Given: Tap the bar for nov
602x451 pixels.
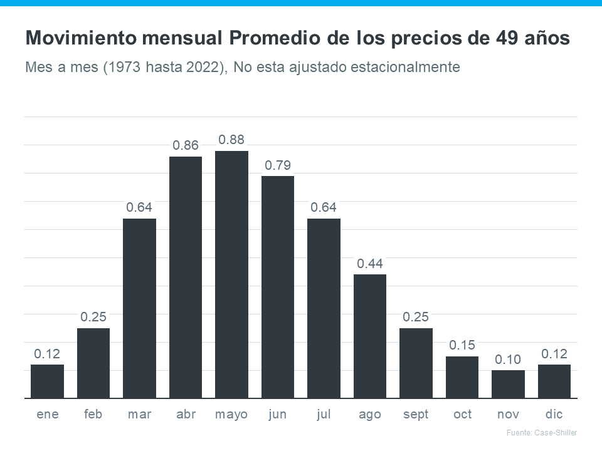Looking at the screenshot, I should [508, 384].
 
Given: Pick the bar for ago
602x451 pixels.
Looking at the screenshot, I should [370, 336].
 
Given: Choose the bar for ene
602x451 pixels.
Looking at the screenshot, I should [47, 381].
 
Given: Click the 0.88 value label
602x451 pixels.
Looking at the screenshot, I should [231, 139].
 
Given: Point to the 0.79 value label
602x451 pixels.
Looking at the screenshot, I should [278, 165].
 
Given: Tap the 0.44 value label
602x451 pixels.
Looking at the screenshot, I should [370, 264].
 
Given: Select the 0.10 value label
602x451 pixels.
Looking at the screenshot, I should [508, 360].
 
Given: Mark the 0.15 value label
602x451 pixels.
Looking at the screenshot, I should [462, 345].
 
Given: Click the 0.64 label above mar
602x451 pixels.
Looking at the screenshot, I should [139, 207].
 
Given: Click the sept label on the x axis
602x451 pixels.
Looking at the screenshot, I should [416, 415].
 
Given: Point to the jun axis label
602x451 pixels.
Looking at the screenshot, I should [278, 415].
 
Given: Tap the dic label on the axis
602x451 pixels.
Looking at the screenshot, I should [554, 415].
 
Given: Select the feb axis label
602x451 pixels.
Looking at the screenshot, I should [93, 415].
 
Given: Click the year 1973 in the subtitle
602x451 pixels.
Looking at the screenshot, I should [119, 66].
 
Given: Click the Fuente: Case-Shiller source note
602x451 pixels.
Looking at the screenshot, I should [541, 433].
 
